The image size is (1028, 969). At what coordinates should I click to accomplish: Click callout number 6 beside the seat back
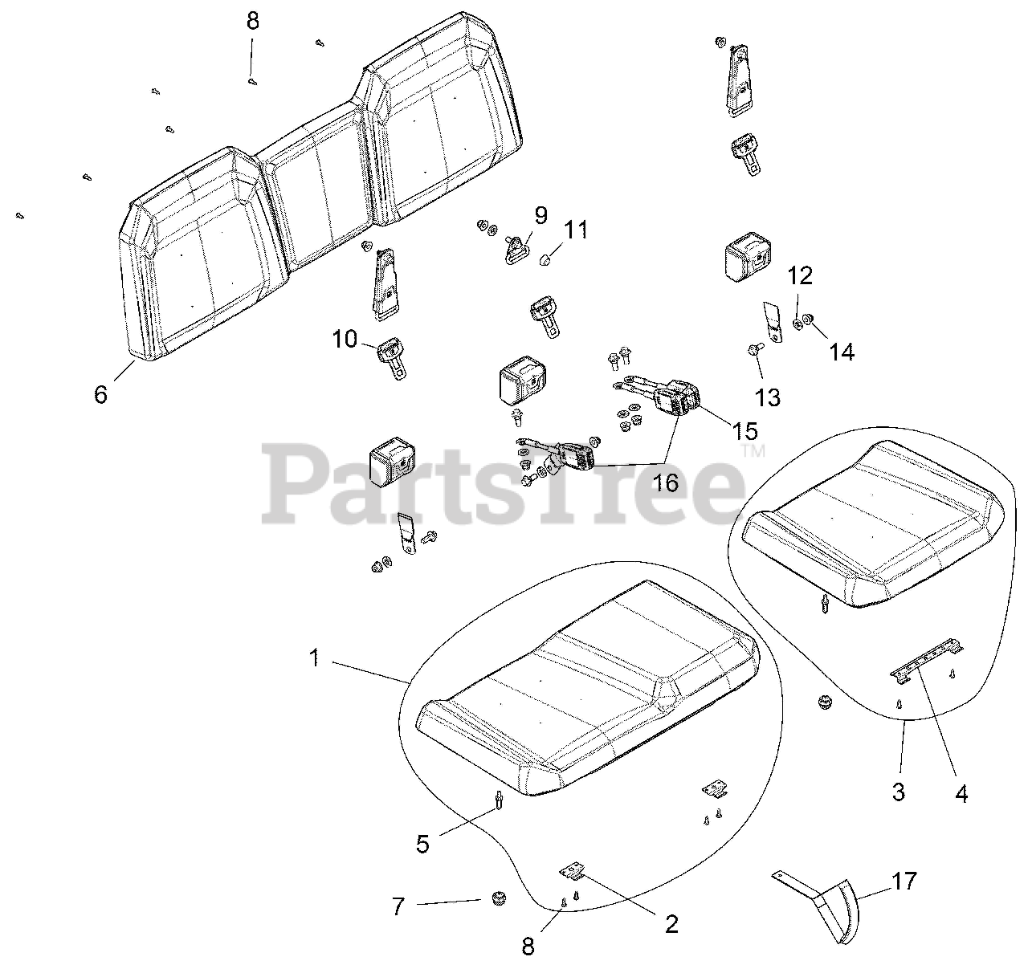(x=100, y=394)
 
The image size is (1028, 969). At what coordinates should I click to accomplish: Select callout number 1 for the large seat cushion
(x=315, y=658)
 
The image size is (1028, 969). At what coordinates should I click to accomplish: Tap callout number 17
(x=904, y=881)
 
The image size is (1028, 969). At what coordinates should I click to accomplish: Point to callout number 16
(x=666, y=482)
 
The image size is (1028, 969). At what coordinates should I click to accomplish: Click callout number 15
(x=744, y=430)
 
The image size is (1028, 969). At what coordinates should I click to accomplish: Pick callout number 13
(x=768, y=397)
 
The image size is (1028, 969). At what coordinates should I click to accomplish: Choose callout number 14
(x=842, y=351)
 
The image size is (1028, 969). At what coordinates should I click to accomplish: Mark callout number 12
(x=800, y=276)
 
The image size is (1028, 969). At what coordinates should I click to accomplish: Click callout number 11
(x=575, y=230)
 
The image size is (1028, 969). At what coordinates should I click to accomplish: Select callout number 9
(x=541, y=214)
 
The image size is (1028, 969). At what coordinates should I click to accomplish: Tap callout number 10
(x=345, y=340)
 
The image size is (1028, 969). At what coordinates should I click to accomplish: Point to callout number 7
(x=398, y=907)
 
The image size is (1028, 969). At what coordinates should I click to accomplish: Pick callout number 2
(x=671, y=923)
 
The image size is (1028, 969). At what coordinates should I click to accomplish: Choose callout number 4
(x=961, y=794)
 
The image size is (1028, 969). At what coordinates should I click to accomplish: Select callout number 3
(x=899, y=792)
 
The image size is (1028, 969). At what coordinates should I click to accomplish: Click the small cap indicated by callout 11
(x=547, y=259)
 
